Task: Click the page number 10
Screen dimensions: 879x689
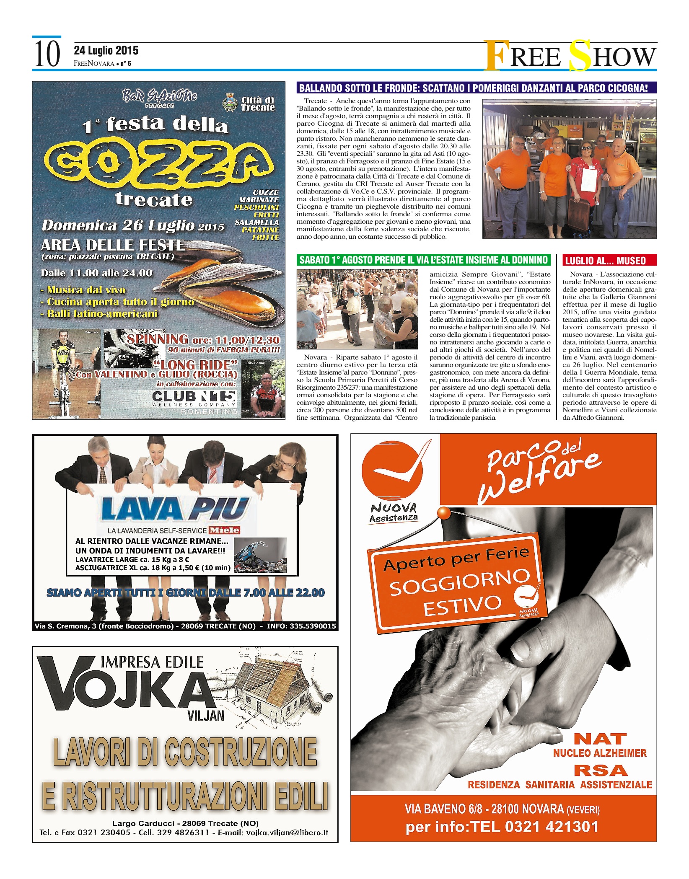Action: pyautogui.click(x=47, y=54)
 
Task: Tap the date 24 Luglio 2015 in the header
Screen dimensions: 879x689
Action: pyautogui.click(x=106, y=51)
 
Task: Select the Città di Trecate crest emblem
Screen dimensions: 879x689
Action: pyautogui.click(x=230, y=102)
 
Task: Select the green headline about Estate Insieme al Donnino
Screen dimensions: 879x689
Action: pyautogui.click(x=423, y=260)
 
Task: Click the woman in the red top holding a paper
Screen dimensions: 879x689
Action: pyautogui.click(x=585, y=172)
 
